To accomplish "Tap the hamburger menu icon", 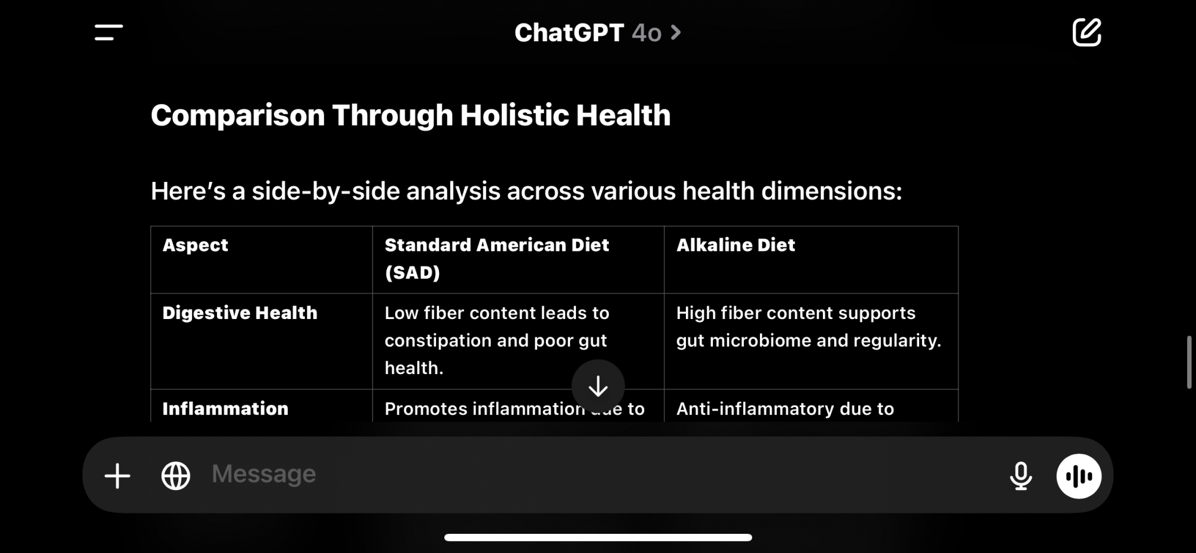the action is pyautogui.click(x=108, y=32).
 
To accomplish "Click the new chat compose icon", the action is pyautogui.click(x=1087, y=32).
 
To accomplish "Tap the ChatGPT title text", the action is pyautogui.click(x=569, y=33).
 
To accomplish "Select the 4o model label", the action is pyautogui.click(x=646, y=33).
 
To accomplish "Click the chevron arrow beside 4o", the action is pyautogui.click(x=676, y=32).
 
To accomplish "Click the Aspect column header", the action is pyautogui.click(x=195, y=245).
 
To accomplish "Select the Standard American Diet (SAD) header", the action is pyautogui.click(x=496, y=259).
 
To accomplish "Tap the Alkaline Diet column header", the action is pyautogui.click(x=736, y=245).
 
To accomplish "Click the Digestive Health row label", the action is pyautogui.click(x=240, y=312).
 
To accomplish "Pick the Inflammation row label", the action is pyautogui.click(x=225, y=408).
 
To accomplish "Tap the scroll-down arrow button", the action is pyautogui.click(x=598, y=387).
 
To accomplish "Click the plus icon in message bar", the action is pyautogui.click(x=117, y=476).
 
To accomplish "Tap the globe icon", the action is pyautogui.click(x=176, y=476).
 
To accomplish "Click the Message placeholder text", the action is pyautogui.click(x=264, y=474).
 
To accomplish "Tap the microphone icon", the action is pyautogui.click(x=1021, y=476).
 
